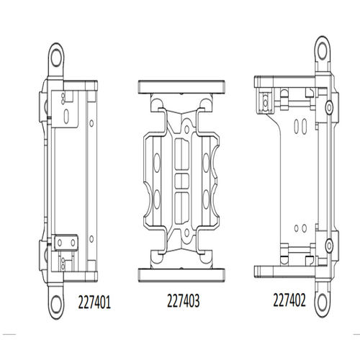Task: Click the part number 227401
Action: point(94,302)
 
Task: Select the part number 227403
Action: point(184,301)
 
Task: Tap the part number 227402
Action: point(289,300)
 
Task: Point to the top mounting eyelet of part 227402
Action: point(323,51)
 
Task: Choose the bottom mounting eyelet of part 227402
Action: point(323,300)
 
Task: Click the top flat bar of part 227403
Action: point(181,87)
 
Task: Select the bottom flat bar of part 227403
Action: point(181,275)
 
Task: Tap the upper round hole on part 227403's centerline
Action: point(186,130)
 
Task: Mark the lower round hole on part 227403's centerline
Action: point(186,233)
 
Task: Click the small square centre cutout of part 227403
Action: point(181,181)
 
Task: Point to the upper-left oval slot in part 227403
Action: point(156,163)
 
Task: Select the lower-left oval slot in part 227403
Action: point(156,199)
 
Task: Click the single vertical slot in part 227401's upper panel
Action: point(66,117)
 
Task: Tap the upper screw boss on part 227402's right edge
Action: point(329,107)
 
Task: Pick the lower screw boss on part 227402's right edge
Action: point(329,246)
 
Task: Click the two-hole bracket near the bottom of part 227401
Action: point(66,243)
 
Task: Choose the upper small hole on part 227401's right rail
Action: point(91,123)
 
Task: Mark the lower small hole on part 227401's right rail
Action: point(91,239)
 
